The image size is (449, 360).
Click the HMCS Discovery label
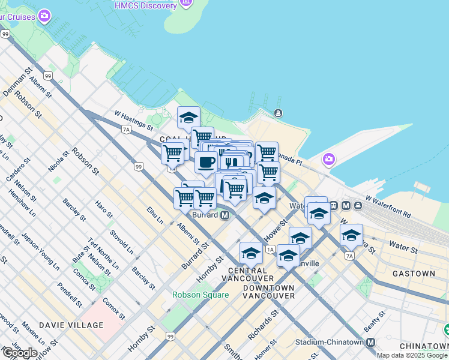146,5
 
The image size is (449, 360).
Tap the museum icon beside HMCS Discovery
186,4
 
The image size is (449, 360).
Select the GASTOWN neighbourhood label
414,274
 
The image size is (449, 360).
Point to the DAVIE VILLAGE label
71,325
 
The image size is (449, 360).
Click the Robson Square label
200,295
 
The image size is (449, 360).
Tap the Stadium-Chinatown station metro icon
370,343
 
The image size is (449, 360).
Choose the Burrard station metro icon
224,215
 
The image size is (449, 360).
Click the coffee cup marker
206,162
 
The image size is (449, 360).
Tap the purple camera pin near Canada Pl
329,160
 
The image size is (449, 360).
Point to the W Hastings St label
134,119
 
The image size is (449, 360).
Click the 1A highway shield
270,249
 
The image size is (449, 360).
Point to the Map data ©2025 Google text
412,355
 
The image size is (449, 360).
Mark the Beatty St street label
372,325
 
